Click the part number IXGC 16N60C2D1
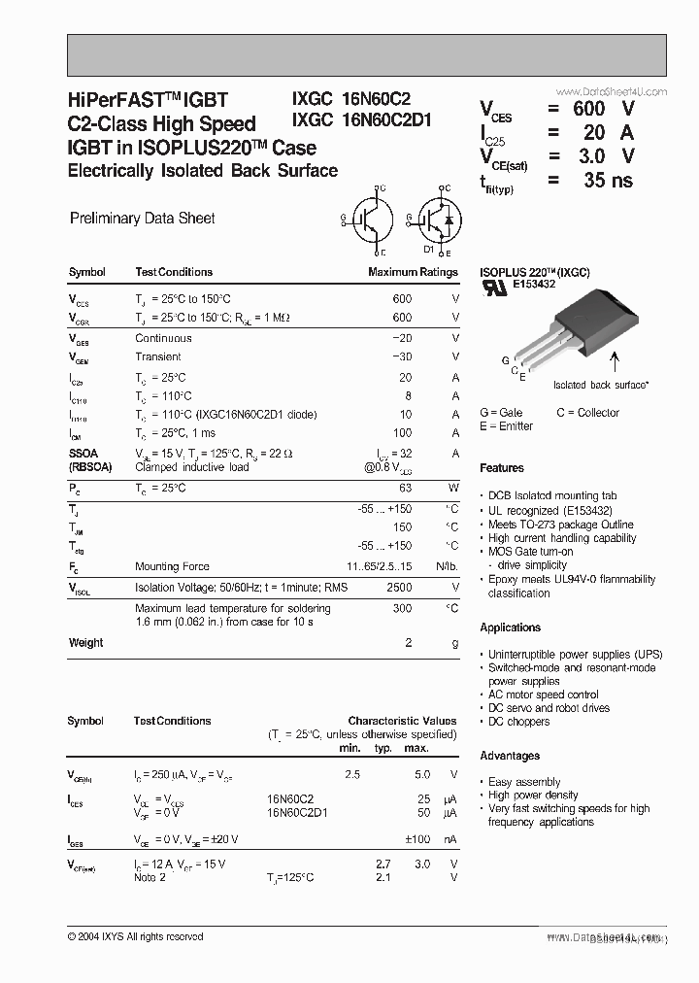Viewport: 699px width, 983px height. point(362,120)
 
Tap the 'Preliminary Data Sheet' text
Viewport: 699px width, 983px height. point(143,219)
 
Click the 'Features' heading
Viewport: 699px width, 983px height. point(502,468)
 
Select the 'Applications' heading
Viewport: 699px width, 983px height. point(510,627)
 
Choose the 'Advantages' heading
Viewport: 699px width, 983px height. point(510,756)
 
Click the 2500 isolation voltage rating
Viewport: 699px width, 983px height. point(399,588)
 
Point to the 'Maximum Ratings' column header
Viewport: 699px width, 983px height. point(413,272)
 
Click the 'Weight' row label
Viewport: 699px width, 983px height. point(86,643)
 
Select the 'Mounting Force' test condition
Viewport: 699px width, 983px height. point(172,566)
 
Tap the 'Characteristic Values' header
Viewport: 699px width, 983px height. point(402,722)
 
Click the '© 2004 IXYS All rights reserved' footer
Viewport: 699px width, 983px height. point(135,936)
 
